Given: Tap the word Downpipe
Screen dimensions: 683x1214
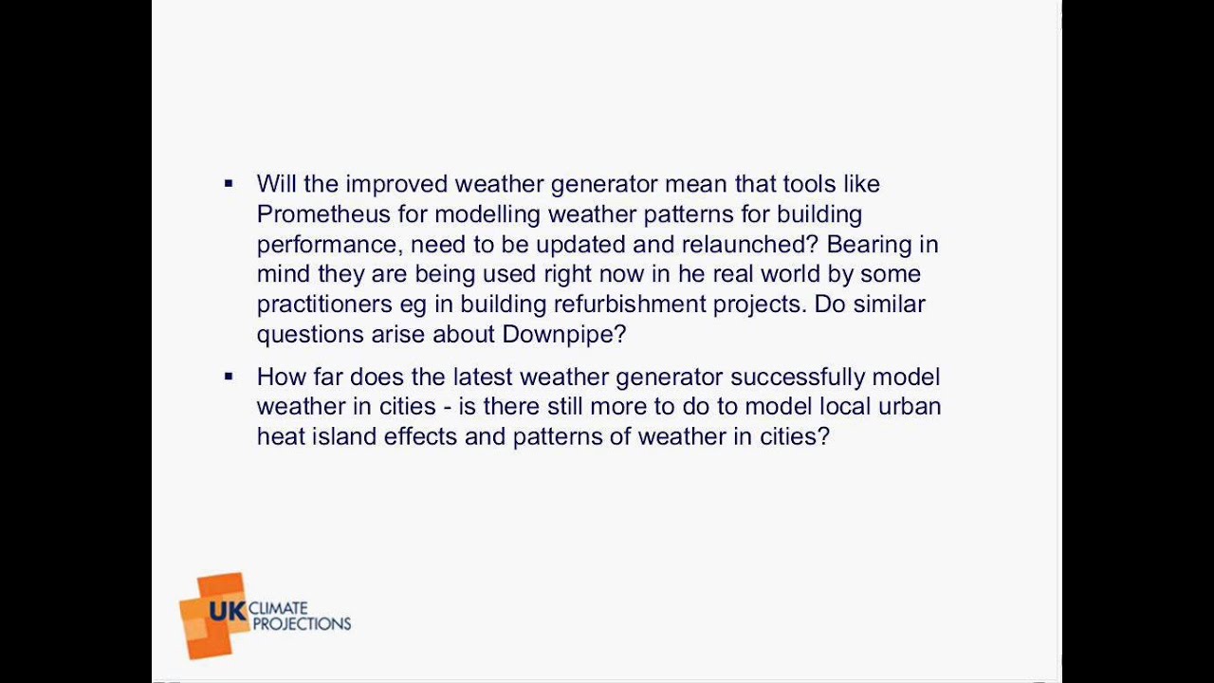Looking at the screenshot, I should tap(563, 334).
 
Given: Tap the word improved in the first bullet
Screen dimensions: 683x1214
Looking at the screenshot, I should tap(395, 183).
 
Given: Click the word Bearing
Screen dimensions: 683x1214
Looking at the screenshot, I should tap(869, 244).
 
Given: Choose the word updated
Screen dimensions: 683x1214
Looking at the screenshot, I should tap(579, 244).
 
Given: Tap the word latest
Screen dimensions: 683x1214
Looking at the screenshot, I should tap(483, 377).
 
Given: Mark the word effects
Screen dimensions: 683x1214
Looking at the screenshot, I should tap(419, 436).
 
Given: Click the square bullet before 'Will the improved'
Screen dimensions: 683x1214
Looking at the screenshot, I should tap(229, 184).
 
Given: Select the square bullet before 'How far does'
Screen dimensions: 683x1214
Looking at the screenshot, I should tap(229, 377).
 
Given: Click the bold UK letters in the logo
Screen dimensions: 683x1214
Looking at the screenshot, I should tap(228, 611).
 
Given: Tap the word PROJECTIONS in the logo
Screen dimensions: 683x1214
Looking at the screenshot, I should tap(302, 624).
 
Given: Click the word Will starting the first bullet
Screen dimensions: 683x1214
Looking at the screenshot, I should tap(276, 183).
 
